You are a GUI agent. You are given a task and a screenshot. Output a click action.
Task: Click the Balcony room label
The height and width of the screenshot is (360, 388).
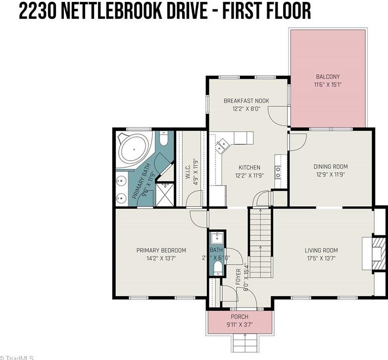pyautogui.click(x=328, y=77)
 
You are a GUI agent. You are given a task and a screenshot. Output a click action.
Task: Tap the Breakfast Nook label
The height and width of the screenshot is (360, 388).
pyautogui.click(x=246, y=101)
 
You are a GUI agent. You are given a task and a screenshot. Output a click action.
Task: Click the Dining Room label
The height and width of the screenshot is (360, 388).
pyautogui.click(x=331, y=167)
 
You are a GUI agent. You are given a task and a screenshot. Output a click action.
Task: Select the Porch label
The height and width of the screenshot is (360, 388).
pyautogui.click(x=240, y=316)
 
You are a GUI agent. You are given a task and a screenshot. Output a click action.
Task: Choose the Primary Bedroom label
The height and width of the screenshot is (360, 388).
pyautogui.click(x=161, y=250)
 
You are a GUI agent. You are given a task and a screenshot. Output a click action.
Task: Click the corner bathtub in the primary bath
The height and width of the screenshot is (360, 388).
pyautogui.click(x=133, y=149)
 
